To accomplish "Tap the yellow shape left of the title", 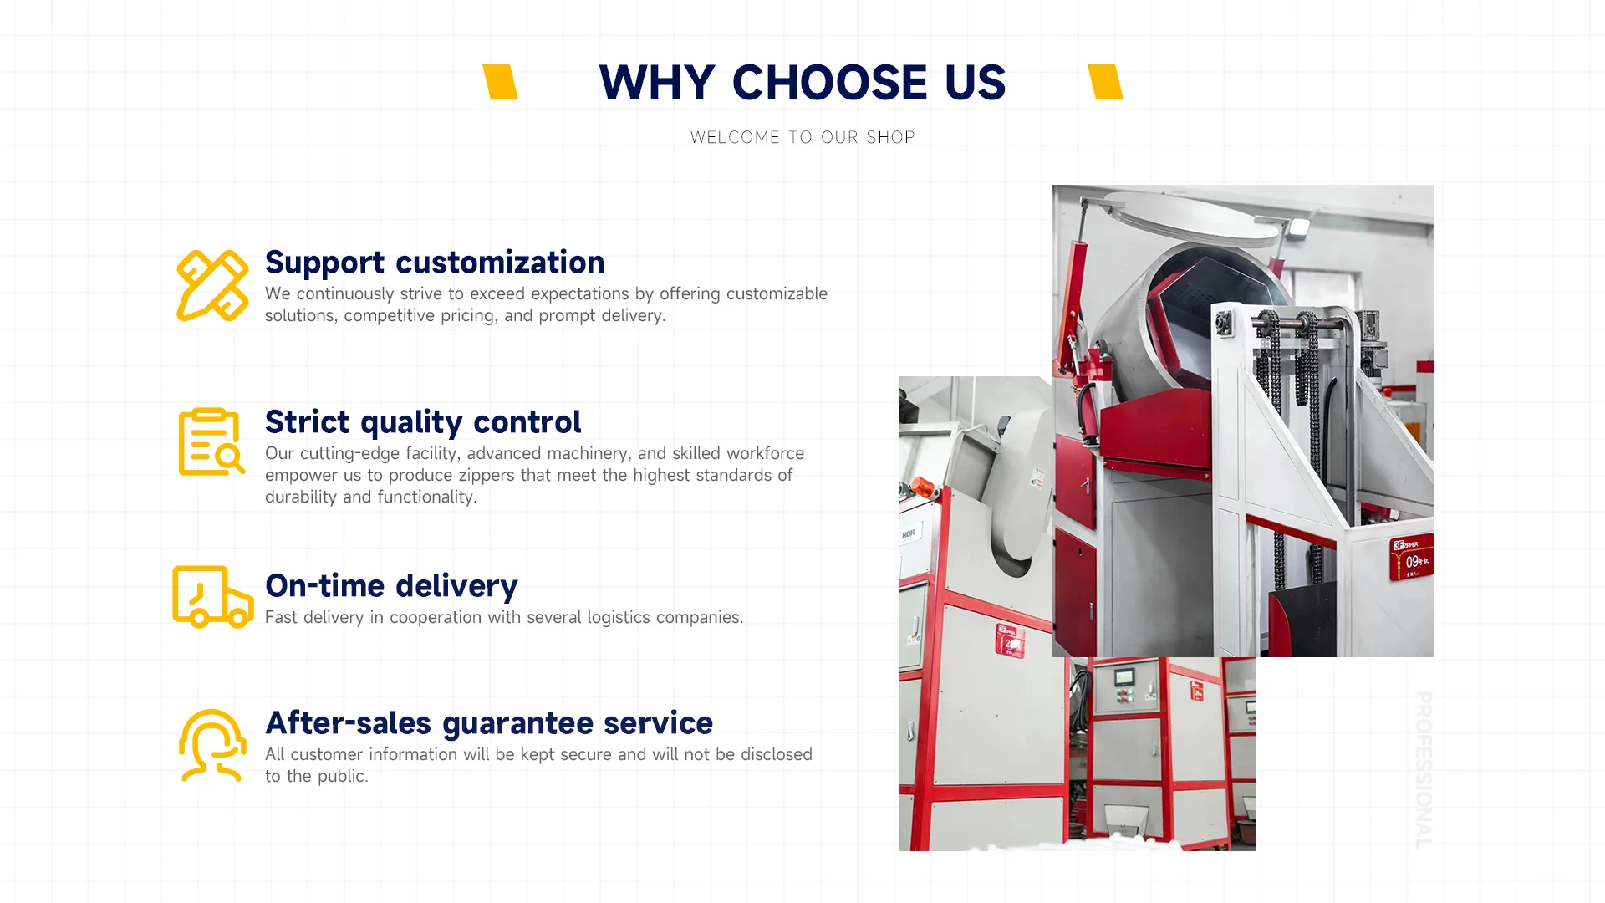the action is [x=501, y=82].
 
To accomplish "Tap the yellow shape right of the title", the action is [x=1105, y=82].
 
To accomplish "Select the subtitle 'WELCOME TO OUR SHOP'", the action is [x=802, y=137].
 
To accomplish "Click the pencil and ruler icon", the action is [x=212, y=285].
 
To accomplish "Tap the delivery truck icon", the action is [x=212, y=596].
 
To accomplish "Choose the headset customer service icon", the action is [x=212, y=745].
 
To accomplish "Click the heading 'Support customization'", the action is [x=435, y=263].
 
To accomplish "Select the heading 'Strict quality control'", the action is [x=423, y=422].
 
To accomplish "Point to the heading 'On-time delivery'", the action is [x=391, y=586].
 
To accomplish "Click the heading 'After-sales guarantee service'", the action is [x=489, y=723].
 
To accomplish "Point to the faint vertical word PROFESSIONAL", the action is [x=1423, y=770].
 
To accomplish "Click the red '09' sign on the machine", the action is [x=1411, y=557].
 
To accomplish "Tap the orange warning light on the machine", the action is [x=922, y=486].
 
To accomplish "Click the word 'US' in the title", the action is [x=976, y=83].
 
